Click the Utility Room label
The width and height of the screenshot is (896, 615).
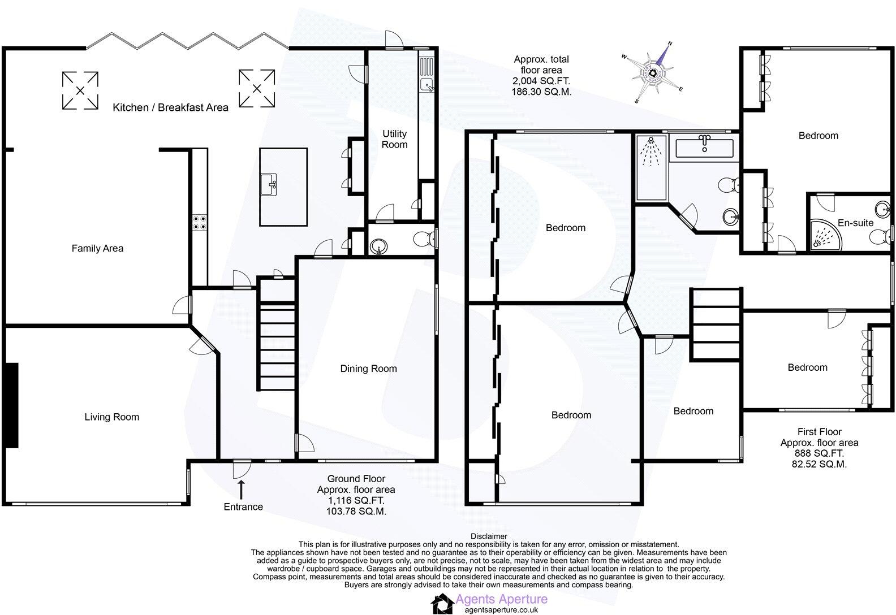394,139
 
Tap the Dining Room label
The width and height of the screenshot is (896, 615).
368,369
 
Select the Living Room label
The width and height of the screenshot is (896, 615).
111,417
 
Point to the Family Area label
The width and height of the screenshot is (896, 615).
97,248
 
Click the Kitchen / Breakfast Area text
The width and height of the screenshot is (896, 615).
171,107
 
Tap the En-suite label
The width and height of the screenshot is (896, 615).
855,223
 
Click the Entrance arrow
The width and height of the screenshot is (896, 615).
242,487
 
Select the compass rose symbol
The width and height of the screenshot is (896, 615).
654,73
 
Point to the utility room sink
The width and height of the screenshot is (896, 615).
427,85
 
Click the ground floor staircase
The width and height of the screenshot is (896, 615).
277,334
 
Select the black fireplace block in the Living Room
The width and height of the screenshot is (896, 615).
11,405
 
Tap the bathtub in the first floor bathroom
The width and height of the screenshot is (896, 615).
704,149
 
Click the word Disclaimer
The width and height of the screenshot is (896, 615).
488,536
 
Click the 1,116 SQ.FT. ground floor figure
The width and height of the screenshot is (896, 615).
356,500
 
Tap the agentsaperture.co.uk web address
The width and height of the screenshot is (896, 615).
501,610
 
